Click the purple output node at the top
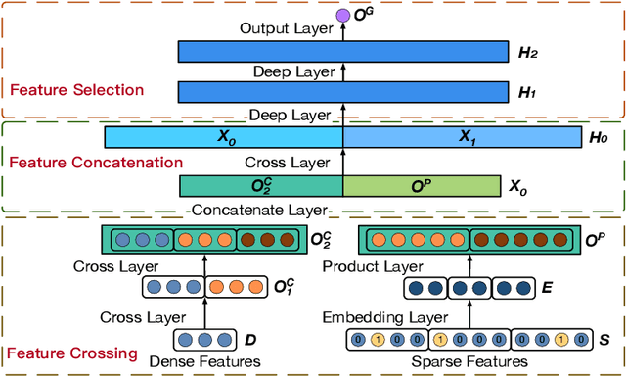click(342, 16)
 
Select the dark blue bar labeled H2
click(342, 51)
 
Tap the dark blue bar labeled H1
click(342, 92)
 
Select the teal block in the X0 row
click(261, 186)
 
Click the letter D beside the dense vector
click(250, 340)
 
